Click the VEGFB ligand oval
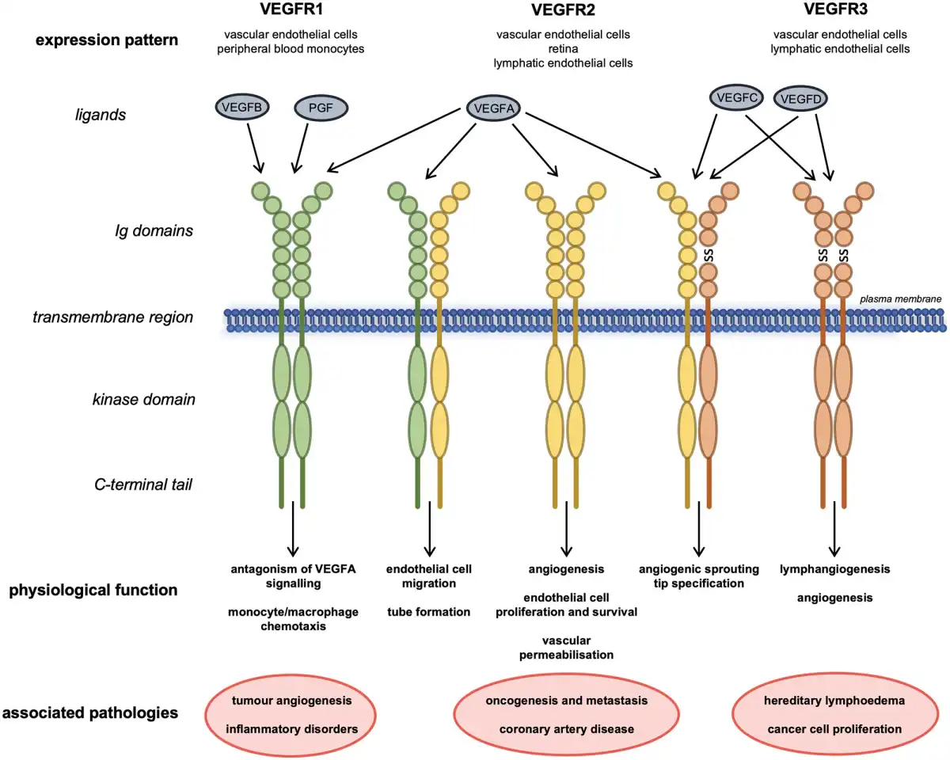coord(242,107)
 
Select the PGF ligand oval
coord(322,108)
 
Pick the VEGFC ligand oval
coord(736,98)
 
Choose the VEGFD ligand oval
coord(800,100)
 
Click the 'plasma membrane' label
coord(902,298)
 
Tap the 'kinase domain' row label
coord(143,400)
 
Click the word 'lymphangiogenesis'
coord(834,569)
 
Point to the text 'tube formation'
coord(429,611)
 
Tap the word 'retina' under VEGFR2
coord(563,49)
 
